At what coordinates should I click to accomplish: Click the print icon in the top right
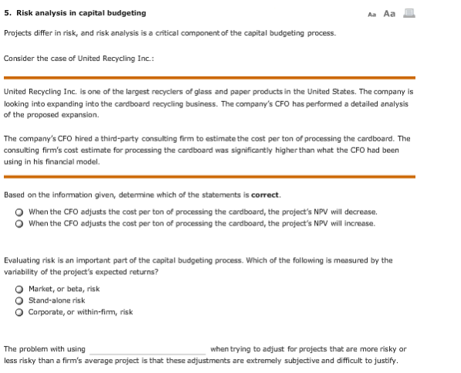pyautogui.click(x=408, y=12)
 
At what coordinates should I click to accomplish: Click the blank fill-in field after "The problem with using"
pyautogui.click(x=147, y=349)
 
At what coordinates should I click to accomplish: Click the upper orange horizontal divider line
pyautogui.click(x=208, y=77)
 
